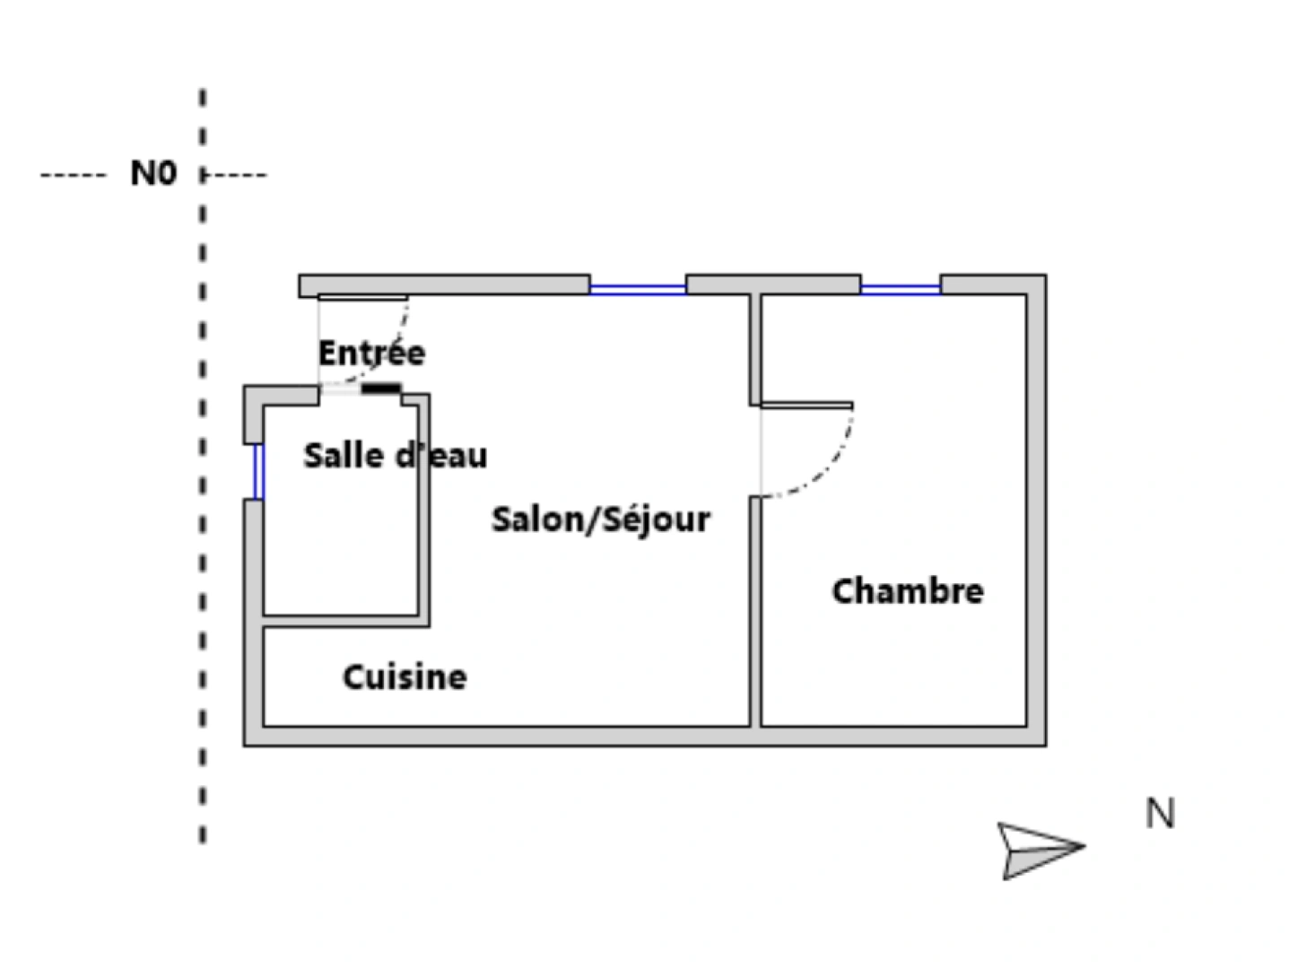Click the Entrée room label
pos(371,353)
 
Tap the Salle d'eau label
pos(396,456)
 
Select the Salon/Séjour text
pos(601,519)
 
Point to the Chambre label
pos(907,590)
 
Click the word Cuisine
pos(405,677)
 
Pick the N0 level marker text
pos(153,173)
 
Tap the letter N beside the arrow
pos(1160,813)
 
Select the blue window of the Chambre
pos(901,289)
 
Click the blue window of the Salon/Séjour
pos(638,289)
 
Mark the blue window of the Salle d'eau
pos(258,472)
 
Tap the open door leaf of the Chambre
pos(807,406)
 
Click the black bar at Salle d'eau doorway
pos(381,388)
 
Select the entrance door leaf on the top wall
pos(363,297)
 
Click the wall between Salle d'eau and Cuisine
pos(346,622)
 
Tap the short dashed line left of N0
pos(73,175)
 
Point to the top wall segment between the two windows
pos(773,284)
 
